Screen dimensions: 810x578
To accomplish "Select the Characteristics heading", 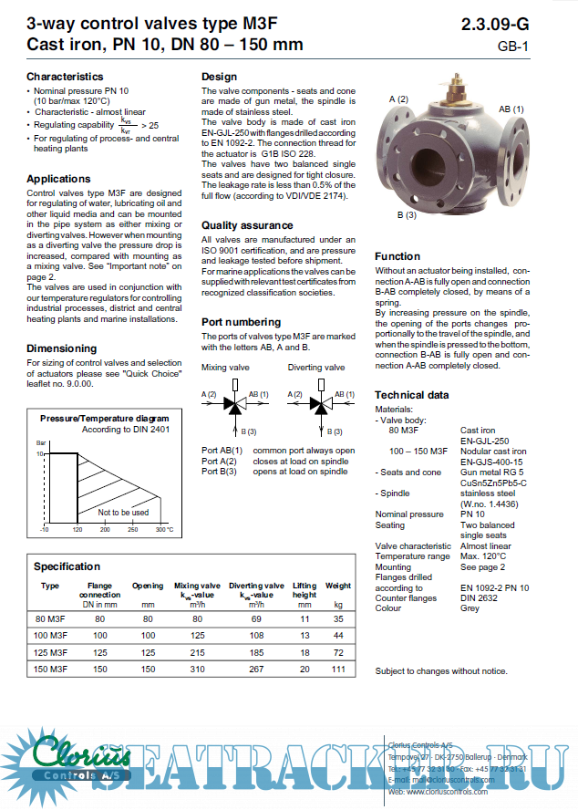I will tap(65, 77).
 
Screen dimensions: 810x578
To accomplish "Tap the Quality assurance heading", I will tap(246, 224).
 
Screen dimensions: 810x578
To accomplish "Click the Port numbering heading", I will tap(241, 322).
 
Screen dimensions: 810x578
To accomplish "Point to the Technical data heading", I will tap(411, 395).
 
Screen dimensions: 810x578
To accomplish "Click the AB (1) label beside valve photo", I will tap(511, 109).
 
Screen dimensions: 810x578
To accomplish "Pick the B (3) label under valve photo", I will tap(406, 215).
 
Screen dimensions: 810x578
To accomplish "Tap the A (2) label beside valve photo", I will tap(398, 99).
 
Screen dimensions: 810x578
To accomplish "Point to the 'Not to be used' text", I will tap(123, 513).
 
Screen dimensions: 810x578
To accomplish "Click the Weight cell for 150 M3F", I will tap(338, 669).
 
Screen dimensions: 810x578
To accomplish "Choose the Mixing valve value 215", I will tap(197, 653).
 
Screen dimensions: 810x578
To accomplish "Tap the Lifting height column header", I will tap(304, 590).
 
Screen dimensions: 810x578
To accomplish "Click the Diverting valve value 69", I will tap(255, 618).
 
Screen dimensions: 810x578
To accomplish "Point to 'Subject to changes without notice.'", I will tap(441, 671).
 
